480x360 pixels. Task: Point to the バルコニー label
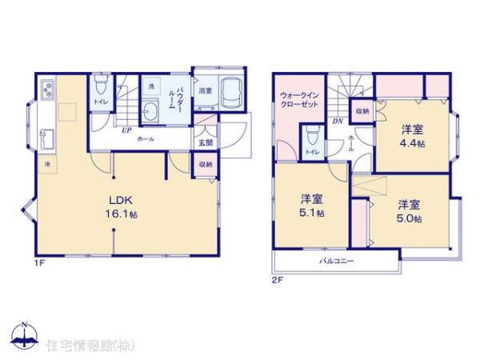pyautogui.click(x=337, y=262)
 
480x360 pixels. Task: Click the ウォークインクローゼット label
pyautogui.click(x=301, y=102)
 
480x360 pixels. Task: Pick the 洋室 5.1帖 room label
pyautogui.click(x=313, y=206)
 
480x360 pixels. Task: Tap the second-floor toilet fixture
pyautogui.click(x=312, y=136)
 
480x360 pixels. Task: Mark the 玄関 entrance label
pyautogui.click(x=206, y=142)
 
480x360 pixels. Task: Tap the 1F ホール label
pyautogui.click(x=146, y=139)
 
